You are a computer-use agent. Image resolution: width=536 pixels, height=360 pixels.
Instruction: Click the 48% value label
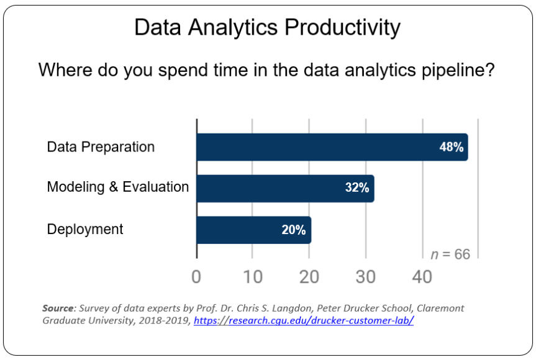[452, 148]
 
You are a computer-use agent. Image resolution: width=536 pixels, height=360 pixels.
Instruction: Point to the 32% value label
[357, 188]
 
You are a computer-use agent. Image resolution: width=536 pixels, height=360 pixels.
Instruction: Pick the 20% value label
[294, 230]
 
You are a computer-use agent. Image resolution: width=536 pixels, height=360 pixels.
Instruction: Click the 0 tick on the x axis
[196, 277]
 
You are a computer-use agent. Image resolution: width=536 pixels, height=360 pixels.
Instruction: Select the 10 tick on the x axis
[253, 277]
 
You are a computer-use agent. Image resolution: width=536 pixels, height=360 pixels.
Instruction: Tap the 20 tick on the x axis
[309, 277]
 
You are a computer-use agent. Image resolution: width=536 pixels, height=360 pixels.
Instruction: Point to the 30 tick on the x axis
[366, 277]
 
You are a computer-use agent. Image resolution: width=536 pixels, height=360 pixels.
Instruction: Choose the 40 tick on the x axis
[422, 277]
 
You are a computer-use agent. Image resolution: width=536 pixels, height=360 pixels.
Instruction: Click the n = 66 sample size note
[450, 253]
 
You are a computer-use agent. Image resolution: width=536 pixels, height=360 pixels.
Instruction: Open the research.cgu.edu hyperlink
[304, 320]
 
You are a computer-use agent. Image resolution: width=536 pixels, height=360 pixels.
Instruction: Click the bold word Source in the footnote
[58, 308]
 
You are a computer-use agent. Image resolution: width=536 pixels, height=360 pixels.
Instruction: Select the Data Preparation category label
[101, 147]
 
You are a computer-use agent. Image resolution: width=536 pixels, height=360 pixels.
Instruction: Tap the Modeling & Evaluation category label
[118, 187]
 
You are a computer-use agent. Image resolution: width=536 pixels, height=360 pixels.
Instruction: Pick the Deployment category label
[85, 229]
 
